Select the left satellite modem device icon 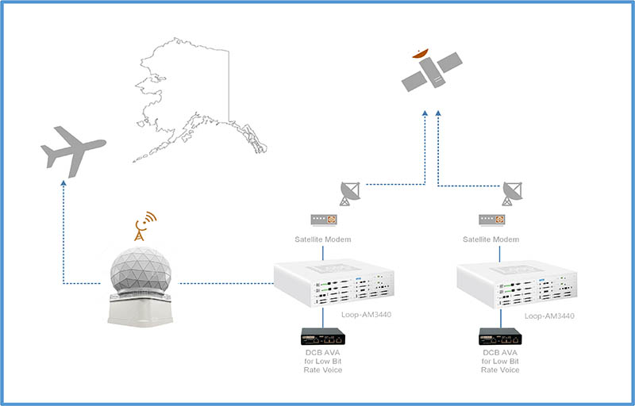[322, 219]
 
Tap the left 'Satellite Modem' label [322, 239]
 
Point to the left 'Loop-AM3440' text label [366, 315]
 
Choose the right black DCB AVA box [500, 337]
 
